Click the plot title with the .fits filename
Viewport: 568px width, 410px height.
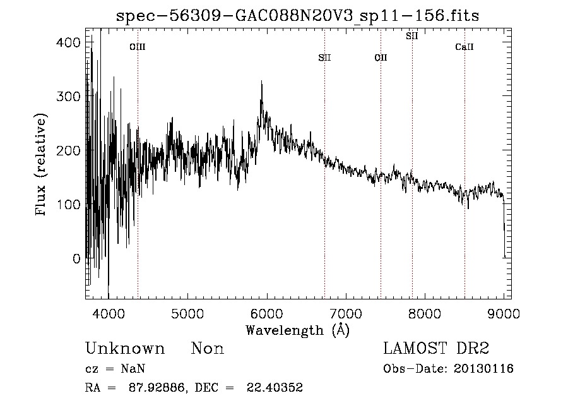[297, 16]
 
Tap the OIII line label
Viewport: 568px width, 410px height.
[138, 47]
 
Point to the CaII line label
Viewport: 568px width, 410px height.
[464, 47]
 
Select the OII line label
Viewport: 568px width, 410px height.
[381, 58]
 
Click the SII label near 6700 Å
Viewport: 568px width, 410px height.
[324, 58]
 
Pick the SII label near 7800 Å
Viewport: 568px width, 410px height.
[412, 36]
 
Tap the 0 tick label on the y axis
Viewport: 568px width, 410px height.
[76, 258]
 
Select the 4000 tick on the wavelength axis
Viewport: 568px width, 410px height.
[109, 313]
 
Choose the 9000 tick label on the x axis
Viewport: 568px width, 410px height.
[503, 313]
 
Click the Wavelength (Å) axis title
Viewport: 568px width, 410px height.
[297, 330]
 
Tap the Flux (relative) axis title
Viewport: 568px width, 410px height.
[42, 166]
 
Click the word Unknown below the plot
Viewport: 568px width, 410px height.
[125, 349]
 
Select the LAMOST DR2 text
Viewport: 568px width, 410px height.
[437, 349]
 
